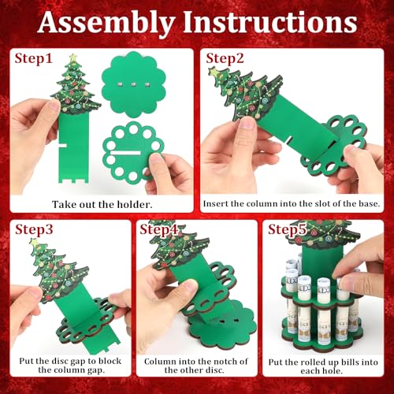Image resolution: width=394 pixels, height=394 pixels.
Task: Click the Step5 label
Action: pyautogui.click(x=289, y=230)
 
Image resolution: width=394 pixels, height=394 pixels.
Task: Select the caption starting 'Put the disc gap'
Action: pyautogui.click(x=66, y=369)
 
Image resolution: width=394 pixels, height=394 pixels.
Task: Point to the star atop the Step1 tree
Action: pyautogui.click(x=73, y=58)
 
